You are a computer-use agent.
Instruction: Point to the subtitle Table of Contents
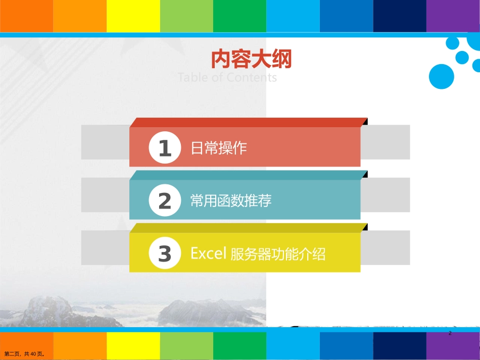(x=227, y=77)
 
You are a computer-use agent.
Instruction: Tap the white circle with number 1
(x=165, y=148)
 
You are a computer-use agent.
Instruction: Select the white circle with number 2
(x=165, y=201)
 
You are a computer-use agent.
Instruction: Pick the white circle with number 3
(x=165, y=253)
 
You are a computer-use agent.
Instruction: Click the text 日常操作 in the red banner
(x=218, y=148)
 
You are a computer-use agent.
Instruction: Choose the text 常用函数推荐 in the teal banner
(x=231, y=201)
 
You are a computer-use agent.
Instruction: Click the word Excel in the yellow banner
(x=208, y=253)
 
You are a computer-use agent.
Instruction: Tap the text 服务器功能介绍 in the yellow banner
(x=277, y=253)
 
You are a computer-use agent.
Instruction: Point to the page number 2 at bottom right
(x=450, y=334)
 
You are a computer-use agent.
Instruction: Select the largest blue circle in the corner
(x=441, y=77)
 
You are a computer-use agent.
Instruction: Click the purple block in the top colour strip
(x=453, y=16)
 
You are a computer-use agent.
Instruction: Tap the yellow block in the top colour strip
(x=133, y=16)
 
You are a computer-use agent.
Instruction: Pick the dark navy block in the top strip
(x=399, y=16)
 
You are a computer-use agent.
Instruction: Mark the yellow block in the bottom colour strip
(x=133, y=346)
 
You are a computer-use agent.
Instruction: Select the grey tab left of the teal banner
(x=105, y=195)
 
